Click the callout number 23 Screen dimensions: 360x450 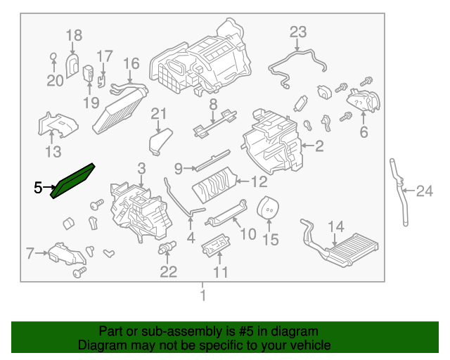click(x=298, y=32)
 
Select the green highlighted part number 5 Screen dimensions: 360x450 click(x=75, y=180)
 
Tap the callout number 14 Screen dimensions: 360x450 click(x=336, y=226)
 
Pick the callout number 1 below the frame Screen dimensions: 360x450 click(x=203, y=296)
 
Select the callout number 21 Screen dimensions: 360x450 click(x=159, y=114)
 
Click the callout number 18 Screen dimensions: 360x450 click(x=74, y=34)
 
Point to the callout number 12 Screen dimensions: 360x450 click(x=259, y=182)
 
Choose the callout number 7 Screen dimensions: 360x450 click(x=30, y=252)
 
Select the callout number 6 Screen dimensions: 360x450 click(x=364, y=131)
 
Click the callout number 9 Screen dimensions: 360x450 click(x=179, y=167)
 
